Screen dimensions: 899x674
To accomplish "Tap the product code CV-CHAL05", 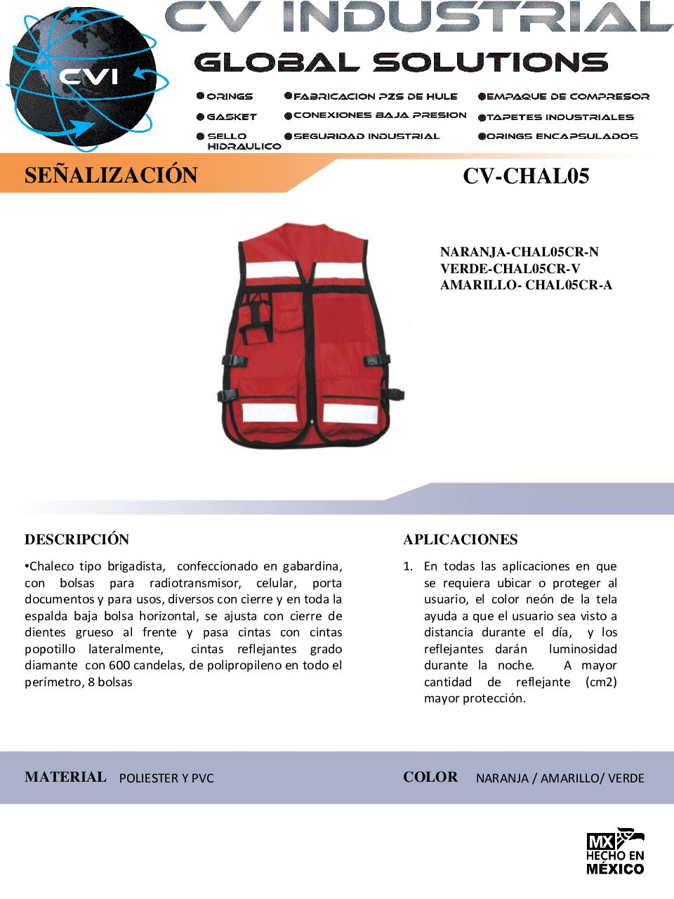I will click(x=526, y=176).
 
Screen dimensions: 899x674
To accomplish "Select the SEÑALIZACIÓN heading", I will click(x=111, y=175).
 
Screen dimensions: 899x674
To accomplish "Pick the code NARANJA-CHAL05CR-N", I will click(x=519, y=251).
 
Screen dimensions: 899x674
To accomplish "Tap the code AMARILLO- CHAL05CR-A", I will click(x=526, y=284).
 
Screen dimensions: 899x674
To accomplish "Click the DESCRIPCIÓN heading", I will click(x=77, y=539).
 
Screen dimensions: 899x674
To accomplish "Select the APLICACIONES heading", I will click(x=461, y=539).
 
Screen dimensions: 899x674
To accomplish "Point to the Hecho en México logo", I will click(x=615, y=851).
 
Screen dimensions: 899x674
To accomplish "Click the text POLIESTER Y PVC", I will click(x=166, y=778).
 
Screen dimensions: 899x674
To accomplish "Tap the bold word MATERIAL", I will click(x=65, y=777).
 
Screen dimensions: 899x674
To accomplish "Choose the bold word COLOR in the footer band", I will click(x=430, y=777).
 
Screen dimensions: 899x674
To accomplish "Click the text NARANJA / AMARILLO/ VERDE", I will click(x=560, y=778).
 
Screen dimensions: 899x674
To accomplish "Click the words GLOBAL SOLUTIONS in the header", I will click(x=401, y=63).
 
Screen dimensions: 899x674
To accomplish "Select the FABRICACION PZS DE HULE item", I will click(x=375, y=96).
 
